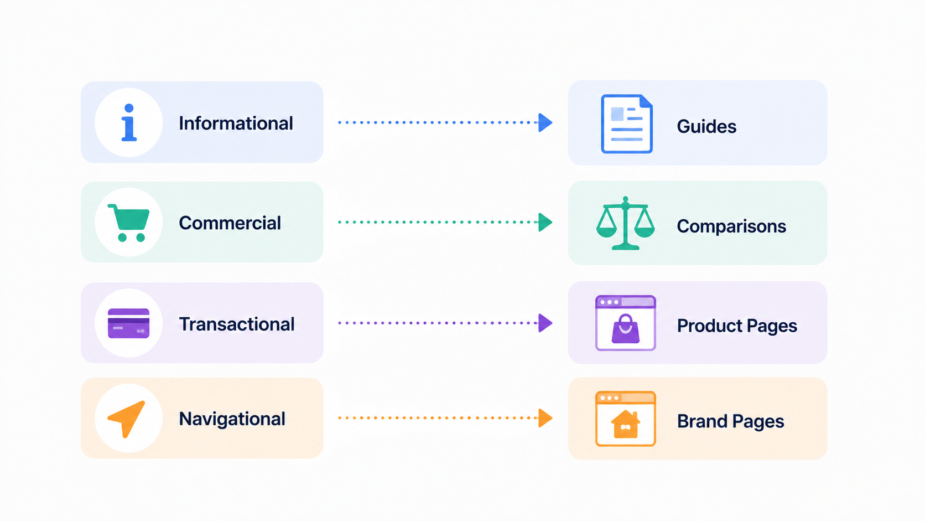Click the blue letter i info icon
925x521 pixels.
(x=129, y=122)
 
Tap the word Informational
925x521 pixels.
(x=236, y=123)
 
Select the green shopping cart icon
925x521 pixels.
(x=129, y=223)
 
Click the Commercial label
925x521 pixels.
(x=230, y=223)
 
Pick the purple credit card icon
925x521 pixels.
(x=128, y=323)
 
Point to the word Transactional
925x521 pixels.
(x=237, y=324)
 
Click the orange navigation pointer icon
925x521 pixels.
(x=126, y=419)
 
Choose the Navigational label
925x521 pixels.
(x=232, y=419)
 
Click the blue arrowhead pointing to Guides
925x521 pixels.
(x=545, y=122)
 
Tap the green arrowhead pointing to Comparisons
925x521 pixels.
(x=545, y=222)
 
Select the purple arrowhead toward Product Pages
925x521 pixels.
(x=545, y=323)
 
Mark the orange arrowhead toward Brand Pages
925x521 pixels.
(x=545, y=417)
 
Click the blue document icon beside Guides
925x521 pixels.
(x=626, y=124)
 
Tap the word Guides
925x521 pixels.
(x=706, y=126)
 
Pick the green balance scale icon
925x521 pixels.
(x=625, y=223)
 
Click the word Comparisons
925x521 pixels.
(x=731, y=226)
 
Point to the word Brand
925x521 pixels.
(x=703, y=421)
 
